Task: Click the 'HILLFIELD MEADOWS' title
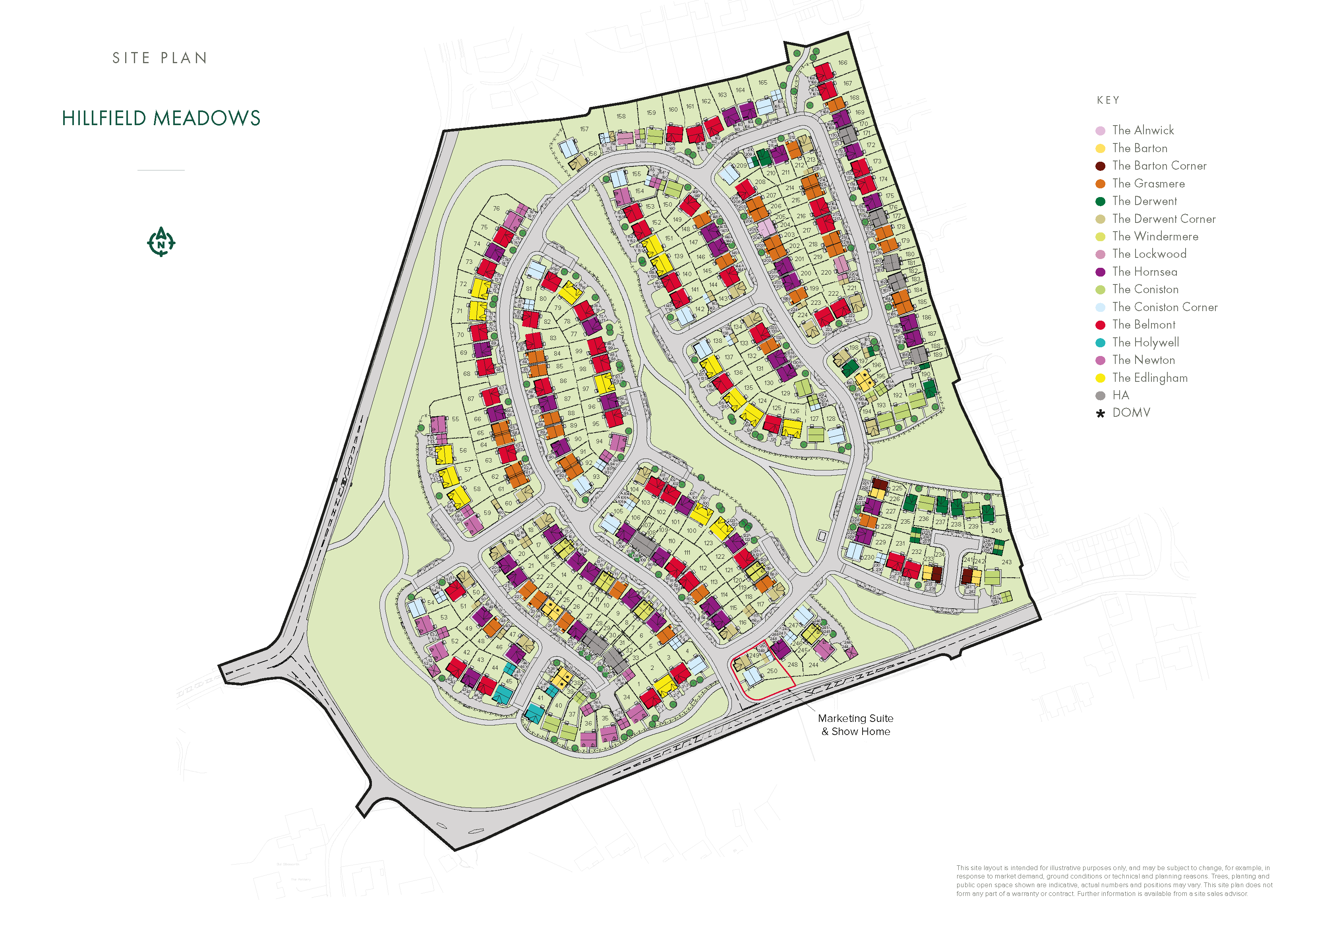coord(161,118)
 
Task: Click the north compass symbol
coord(161,242)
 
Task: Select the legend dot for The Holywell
coord(1100,342)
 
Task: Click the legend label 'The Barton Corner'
coord(1159,166)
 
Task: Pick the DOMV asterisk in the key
coord(1100,413)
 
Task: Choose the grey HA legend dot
coord(1100,396)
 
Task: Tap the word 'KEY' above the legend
coord(1108,101)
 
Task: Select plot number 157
coord(584,129)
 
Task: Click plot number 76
coord(496,209)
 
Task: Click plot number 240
coord(996,531)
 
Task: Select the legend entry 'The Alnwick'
coord(1142,130)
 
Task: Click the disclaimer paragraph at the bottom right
coord(1114,880)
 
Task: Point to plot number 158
coord(621,116)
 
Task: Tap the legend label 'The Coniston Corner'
coord(1164,307)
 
